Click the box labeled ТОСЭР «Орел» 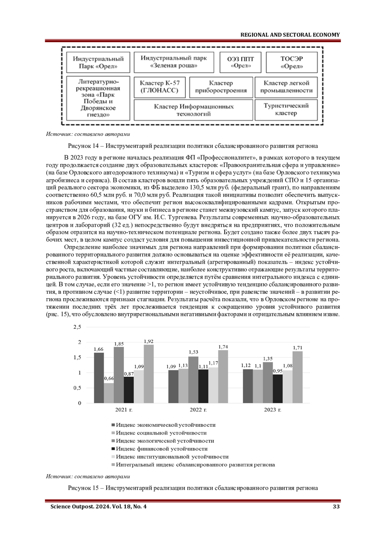point(292,62)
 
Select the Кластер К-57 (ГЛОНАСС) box point(160,87)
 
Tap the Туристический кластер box point(286,109)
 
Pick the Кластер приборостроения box point(221,87)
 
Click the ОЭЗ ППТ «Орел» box point(241,62)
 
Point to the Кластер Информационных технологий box point(194,110)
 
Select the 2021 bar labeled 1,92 point(149,374)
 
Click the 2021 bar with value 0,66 point(109,393)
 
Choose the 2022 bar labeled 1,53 point(193,380)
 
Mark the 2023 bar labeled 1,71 point(298,377)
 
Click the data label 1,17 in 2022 point(213,363)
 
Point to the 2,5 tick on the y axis point(78,327)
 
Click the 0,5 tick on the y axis point(78,388)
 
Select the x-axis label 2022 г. point(198,410)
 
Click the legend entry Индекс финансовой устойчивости point(161,449)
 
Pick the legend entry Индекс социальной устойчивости point(161,433)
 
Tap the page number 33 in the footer point(336,506)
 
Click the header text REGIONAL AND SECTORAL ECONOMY point(290,35)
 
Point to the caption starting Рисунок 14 point(193,146)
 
